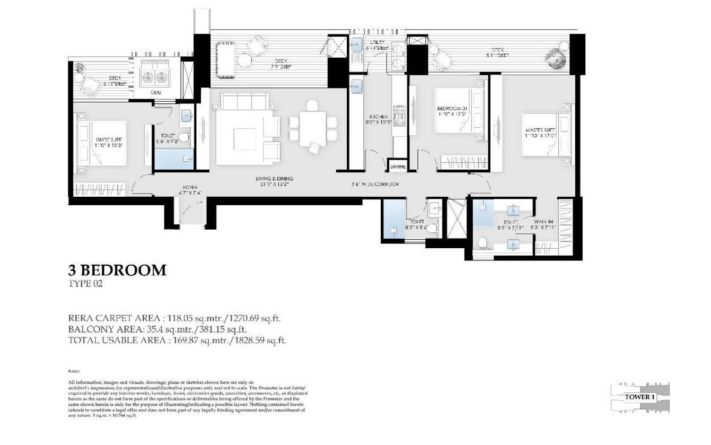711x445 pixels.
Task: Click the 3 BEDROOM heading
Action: point(117,271)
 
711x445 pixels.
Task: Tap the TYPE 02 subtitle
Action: point(85,284)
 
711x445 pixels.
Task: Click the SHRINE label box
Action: point(398,167)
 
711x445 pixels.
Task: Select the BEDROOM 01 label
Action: point(450,109)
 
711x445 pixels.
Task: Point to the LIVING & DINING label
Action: point(274,182)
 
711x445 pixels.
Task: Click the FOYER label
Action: point(190,190)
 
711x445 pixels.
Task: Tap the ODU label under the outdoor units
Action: point(155,92)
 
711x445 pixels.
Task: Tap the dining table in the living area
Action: point(312,128)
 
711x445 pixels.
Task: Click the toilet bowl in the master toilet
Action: point(482,243)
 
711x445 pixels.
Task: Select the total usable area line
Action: point(178,341)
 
